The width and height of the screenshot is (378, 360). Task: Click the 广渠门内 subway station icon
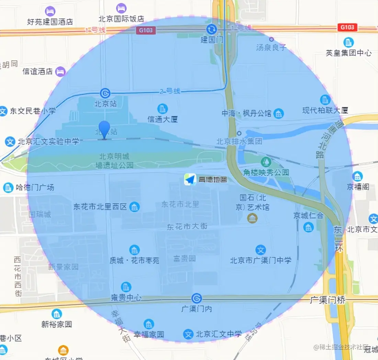pyautogui.click(x=197, y=298)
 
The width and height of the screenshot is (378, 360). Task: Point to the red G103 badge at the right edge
pyautogui.click(x=347, y=27)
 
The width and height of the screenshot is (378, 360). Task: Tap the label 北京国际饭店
pyautogui.click(x=121, y=19)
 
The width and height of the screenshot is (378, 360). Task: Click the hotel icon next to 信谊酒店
pyautogui.click(x=60, y=71)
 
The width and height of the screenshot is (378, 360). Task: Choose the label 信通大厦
pyautogui.click(x=163, y=119)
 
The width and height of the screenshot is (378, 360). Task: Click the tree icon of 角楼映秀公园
pyautogui.click(x=265, y=161)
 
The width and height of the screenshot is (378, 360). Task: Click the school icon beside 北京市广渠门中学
pyautogui.click(x=261, y=250)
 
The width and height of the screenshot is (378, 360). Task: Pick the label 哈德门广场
pyautogui.click(x=35, y=188)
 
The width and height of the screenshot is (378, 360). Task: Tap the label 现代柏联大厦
pyautogui.click(x=325, y=110)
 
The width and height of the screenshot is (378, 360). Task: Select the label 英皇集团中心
pyautogui.click(x=348, y=53)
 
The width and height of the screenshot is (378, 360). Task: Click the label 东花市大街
pyautogui.click(x=187, y=227)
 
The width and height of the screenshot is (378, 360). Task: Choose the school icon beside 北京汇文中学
pyautogui.click(x=188, y=334)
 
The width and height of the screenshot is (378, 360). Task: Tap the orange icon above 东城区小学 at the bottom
pyautogui.click(x=63, y=350)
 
